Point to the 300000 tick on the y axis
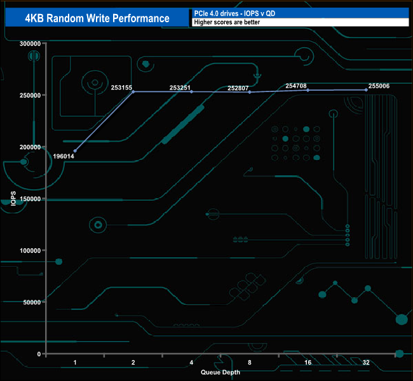pos(30,44)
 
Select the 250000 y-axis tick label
pos(30,95)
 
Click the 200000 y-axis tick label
pos(30,147)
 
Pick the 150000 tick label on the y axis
pos(30,199)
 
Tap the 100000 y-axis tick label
pos(30,251)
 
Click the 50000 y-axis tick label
pos(32,302)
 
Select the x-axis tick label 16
pos(308,363)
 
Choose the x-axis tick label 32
pos(366,363)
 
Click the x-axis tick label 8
pos(250,363)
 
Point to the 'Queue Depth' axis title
pos(220,372)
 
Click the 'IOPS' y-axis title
pos(13,199)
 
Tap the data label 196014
pos(64,156)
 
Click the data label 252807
pos(238,88)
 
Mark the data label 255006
pos(379,86)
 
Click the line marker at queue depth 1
pos(75,151)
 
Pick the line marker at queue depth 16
pos(308,90)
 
